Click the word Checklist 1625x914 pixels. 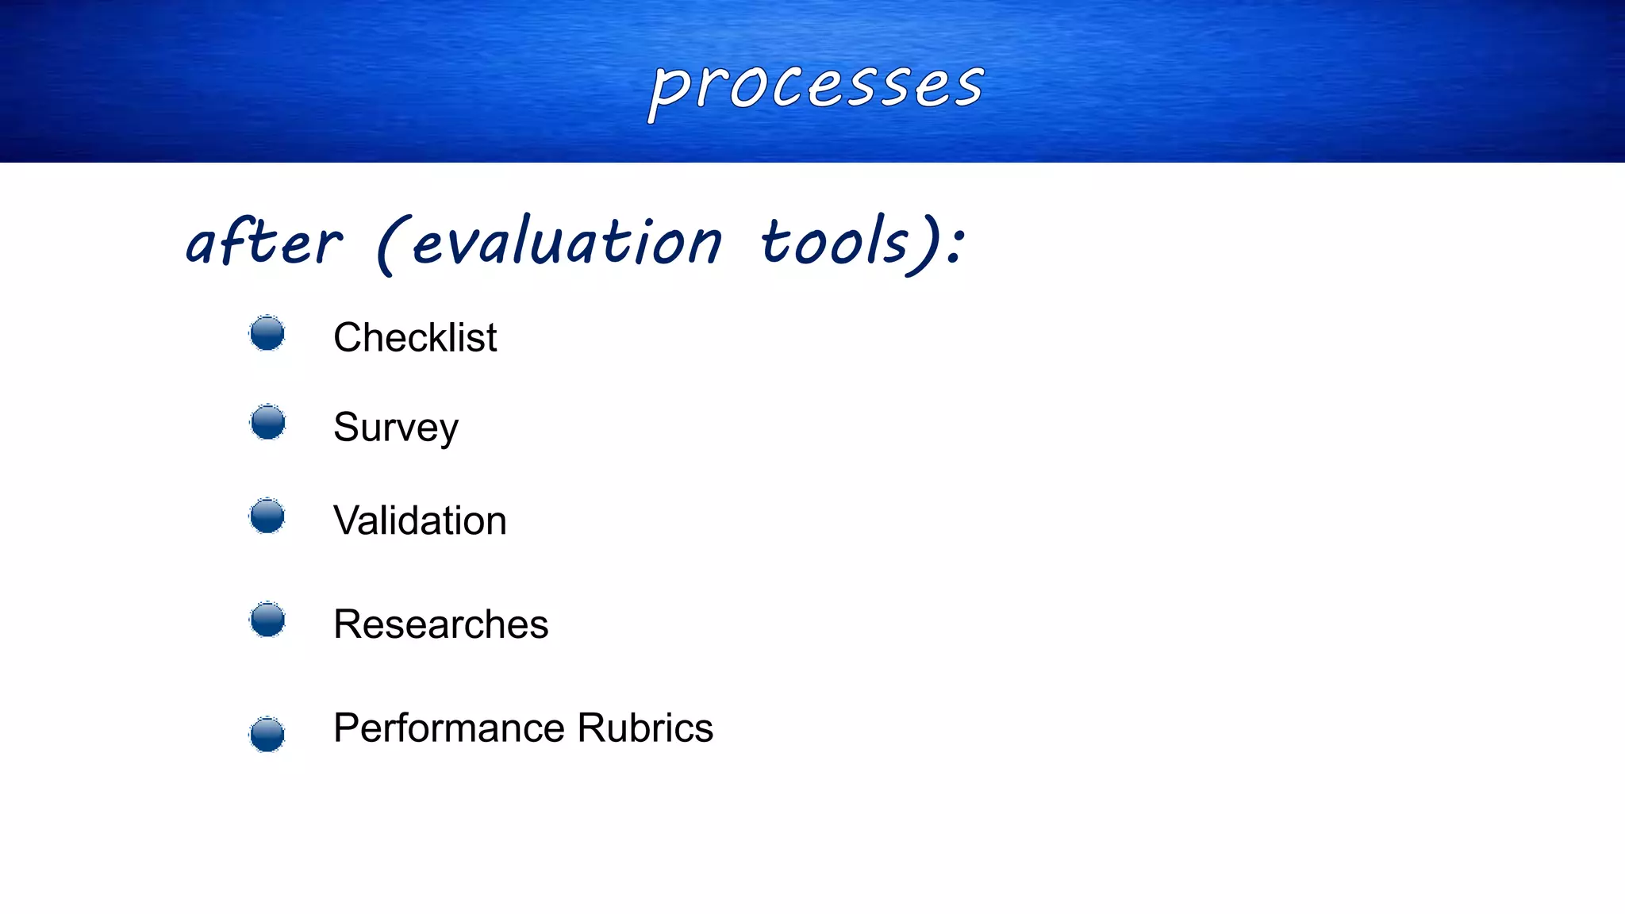click(415, 338)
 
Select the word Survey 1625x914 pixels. click(395, 428)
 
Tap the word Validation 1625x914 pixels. click(420, 521)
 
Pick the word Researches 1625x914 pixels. click(440, 624)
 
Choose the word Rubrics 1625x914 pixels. click(645, 728)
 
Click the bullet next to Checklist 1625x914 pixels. click(267, 333)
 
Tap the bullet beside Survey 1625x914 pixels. click(267, 422)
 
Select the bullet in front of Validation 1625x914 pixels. click(267, 517)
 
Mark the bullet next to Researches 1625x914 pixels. click(267, 620)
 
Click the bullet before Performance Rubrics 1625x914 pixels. click(267, 734)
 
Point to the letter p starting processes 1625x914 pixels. click(667, 91)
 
